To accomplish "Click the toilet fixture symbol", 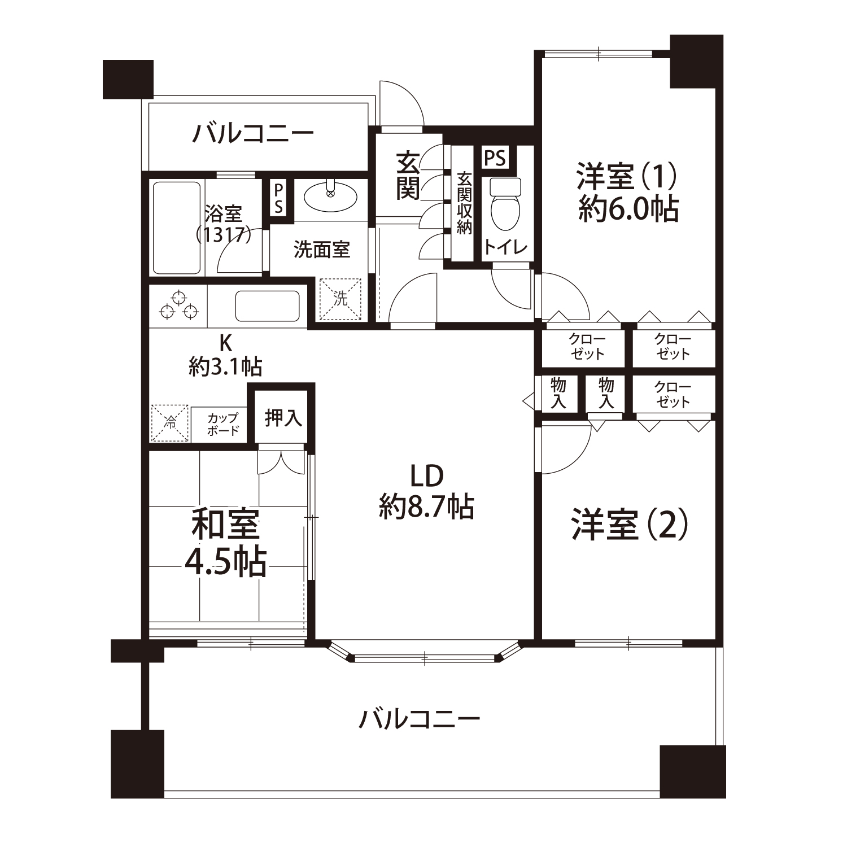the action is [504, 206].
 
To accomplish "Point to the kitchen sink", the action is [267, 307].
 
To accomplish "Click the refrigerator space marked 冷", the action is [170, 423].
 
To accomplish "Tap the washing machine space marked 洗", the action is [340, 299].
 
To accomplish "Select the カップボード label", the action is [223, 424].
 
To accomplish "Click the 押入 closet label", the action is [283, 418].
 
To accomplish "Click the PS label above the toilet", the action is [495, 158].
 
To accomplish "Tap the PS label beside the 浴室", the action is [278, 198].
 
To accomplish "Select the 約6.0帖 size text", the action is [628, 209].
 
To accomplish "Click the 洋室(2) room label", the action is [629, 524].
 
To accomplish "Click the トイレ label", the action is [505, 247].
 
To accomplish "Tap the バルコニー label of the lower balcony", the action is [420, 719].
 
